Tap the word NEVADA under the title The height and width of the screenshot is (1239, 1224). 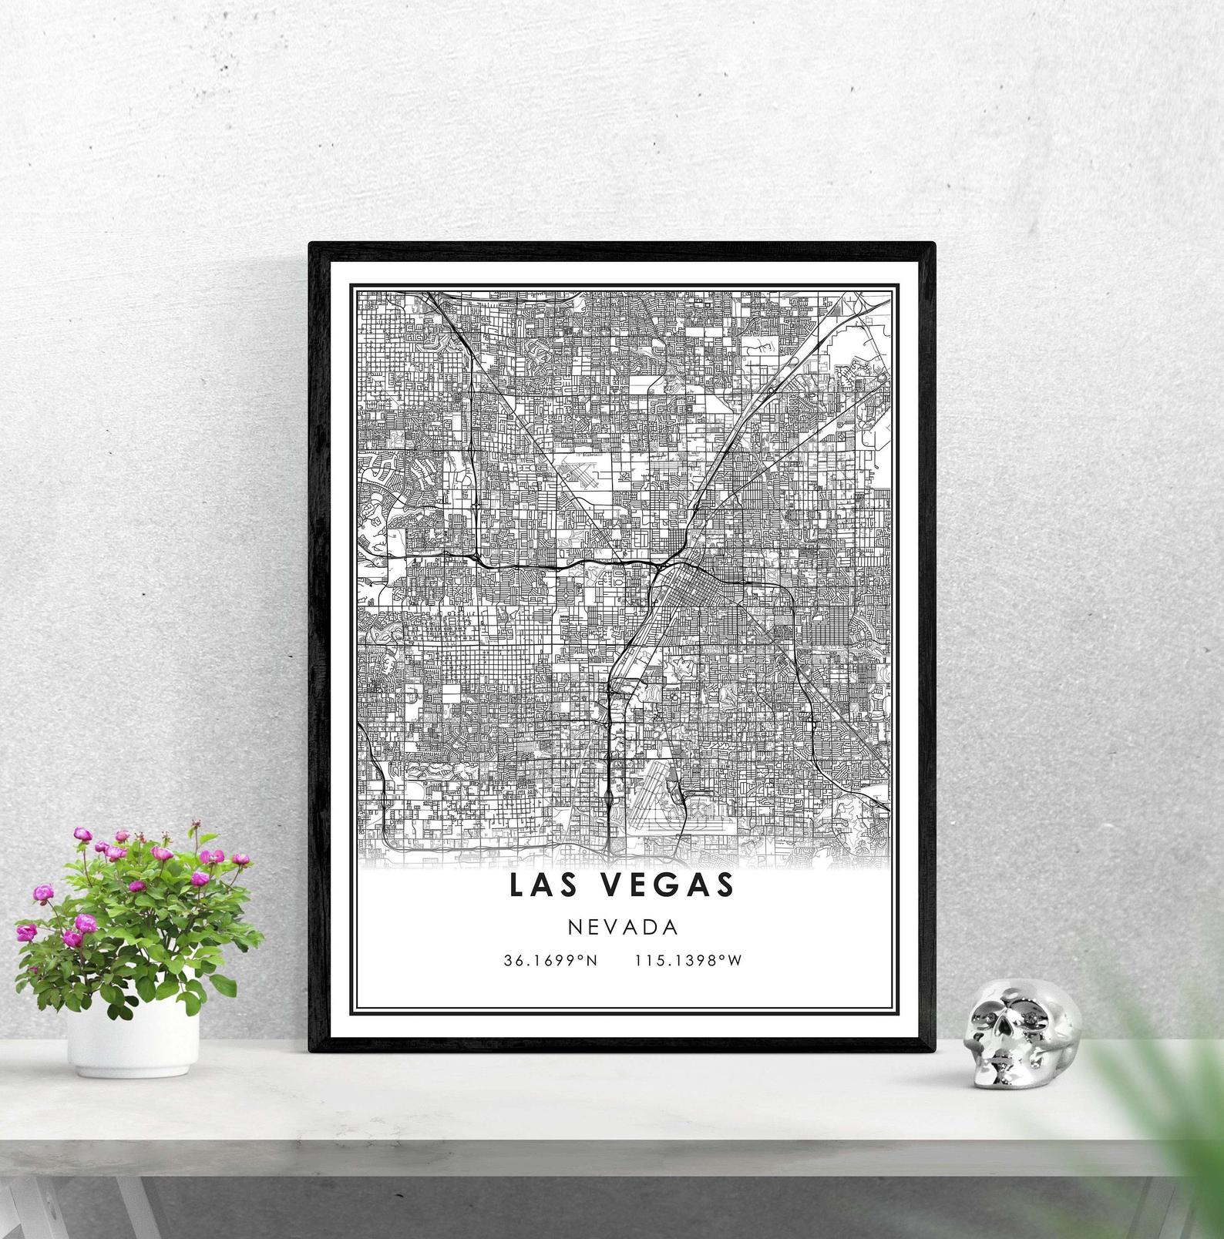623,927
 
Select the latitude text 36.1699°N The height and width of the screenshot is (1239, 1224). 550,961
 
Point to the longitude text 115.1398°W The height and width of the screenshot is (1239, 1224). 688,961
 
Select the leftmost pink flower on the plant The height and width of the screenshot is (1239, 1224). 27,933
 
